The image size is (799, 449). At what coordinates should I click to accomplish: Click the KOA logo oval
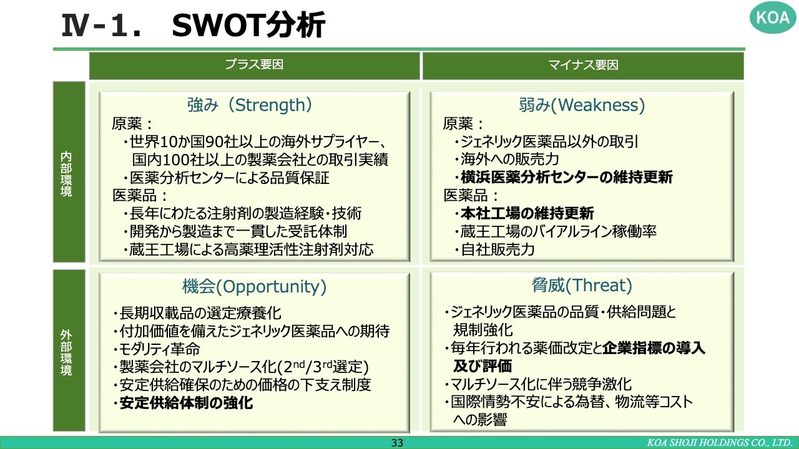[773, 17]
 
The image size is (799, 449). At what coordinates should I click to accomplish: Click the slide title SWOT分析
[248, 25]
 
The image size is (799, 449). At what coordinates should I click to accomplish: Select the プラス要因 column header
[254, 64]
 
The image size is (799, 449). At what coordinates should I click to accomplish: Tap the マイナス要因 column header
[583, 65]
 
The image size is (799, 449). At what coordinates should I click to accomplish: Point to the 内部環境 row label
[66, 174]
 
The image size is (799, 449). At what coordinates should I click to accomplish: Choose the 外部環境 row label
[66, 352]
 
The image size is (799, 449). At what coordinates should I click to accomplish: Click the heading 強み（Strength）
[250, 105]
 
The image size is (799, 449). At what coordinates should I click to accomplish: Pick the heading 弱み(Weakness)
[582, 105]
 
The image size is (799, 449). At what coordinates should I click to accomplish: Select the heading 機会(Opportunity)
[254, 286]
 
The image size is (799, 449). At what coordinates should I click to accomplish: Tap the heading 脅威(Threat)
[582, 286]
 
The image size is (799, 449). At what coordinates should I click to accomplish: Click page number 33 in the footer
[397, 443]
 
